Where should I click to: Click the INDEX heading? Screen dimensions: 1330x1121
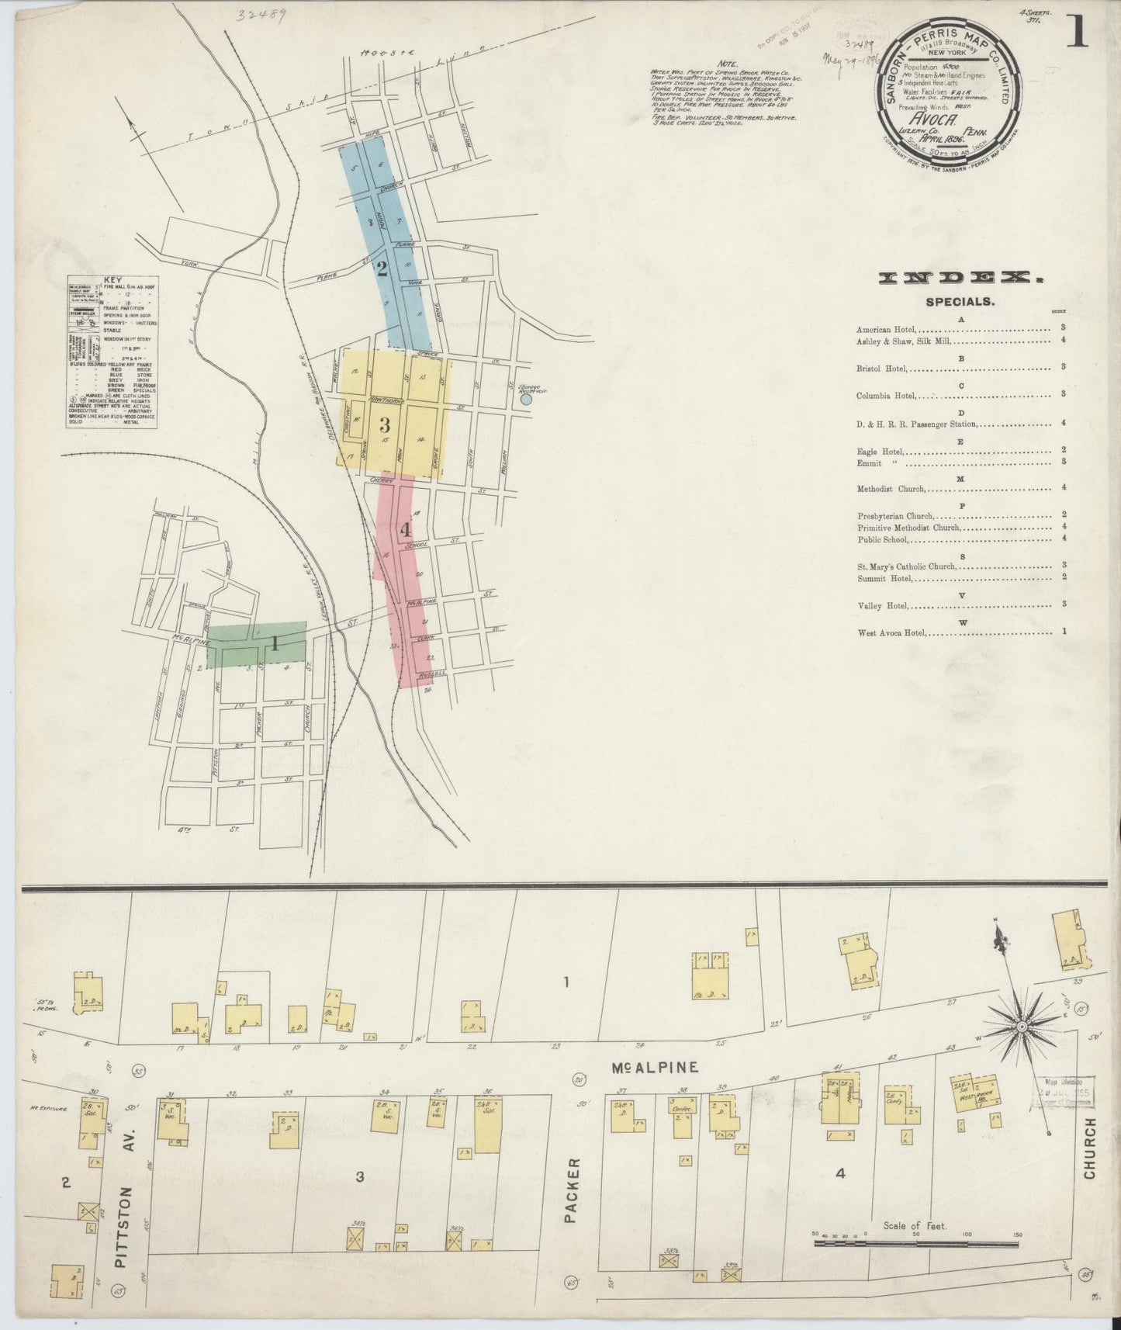coord(960,278)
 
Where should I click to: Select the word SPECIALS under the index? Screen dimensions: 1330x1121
coord(960,302)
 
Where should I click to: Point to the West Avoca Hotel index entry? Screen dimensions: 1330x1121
coord(891,632)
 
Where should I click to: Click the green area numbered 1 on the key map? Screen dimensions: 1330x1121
coord(256,643)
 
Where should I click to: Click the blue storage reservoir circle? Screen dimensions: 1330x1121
coord(526,400)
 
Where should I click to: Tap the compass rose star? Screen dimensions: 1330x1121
coord(1022,1026)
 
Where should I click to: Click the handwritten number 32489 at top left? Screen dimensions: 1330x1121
coord(262,14)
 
